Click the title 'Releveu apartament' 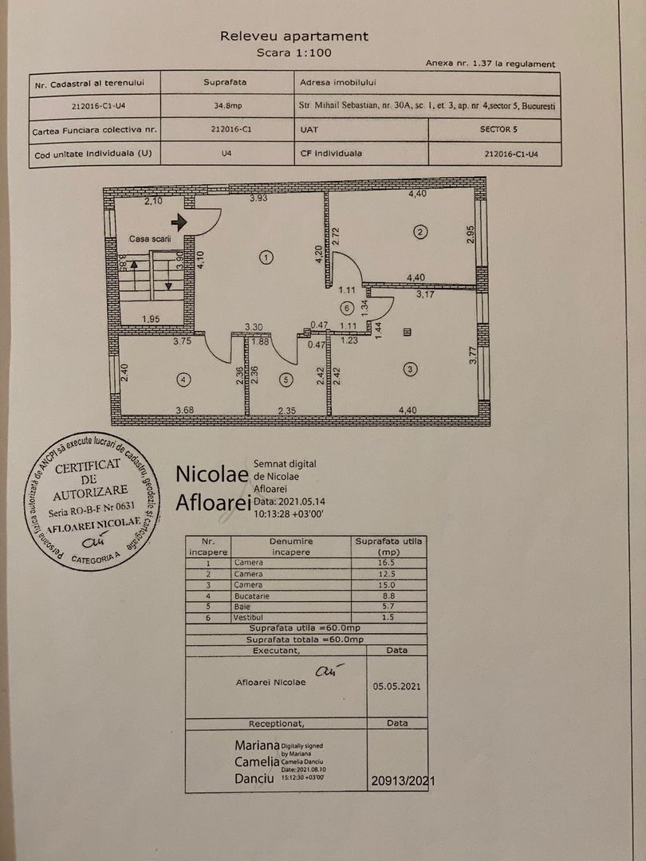(294, 36)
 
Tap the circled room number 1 (266, 257)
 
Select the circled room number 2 (420, 232)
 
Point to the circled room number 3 (410, 369)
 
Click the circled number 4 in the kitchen (183, 380)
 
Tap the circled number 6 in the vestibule (345, 308)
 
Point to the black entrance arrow (179, 222)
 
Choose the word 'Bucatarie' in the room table (251, 596)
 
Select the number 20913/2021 (402, 781)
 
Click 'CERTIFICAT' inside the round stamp (88, 466)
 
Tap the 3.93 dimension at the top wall (258, 198)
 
